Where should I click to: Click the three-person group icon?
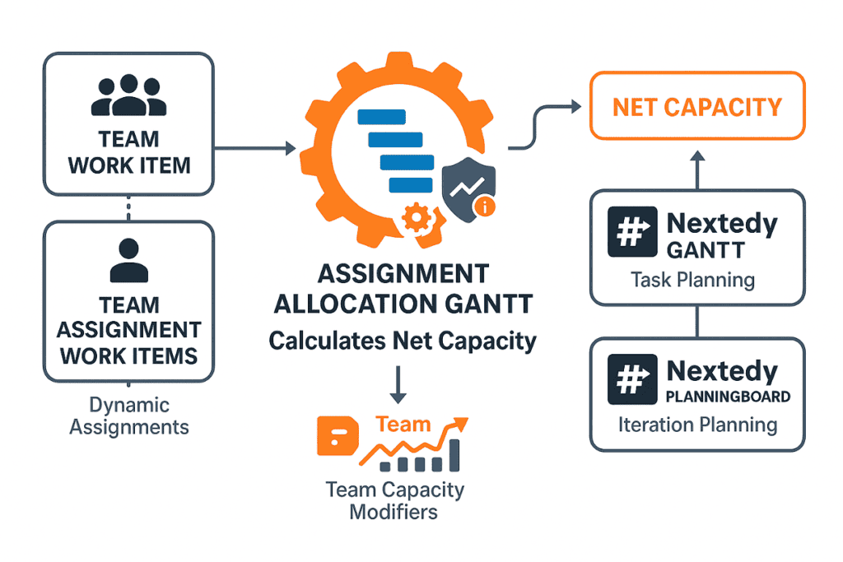pos(128,95)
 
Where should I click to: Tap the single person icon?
pos(129,261)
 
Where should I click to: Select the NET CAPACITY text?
pos(697,108)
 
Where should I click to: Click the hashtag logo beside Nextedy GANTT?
pos(632,231)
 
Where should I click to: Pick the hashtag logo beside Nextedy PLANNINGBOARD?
pos(632,379)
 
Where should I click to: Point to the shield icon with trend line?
pos(468,189)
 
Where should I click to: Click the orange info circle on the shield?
pos(485,207)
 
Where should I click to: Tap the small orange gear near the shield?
pos(417,218)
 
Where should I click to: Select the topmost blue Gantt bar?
pos(382,117)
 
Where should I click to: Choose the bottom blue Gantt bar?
pos(411,185)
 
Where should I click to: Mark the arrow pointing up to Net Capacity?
pos(697,170)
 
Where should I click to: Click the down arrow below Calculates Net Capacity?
pos(398,385)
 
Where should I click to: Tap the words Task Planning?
pos(692,280)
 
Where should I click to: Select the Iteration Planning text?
pos(698,425)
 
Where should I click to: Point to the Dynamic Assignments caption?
pos(129,416)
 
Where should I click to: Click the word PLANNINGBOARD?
pos(728,397)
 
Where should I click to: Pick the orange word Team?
pos(403,425)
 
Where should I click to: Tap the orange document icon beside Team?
pos(338,436)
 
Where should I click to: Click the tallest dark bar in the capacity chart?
pos(454,455)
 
